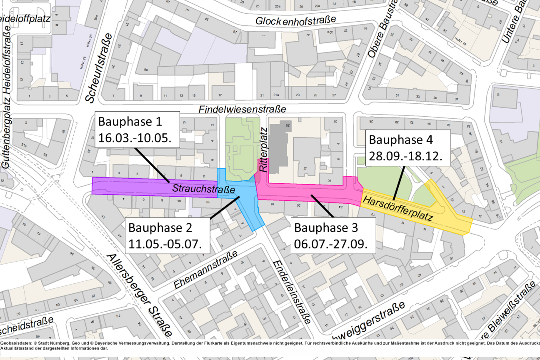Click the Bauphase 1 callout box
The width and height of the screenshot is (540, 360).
click(137, 130)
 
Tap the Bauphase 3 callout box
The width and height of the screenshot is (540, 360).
click(333, 235)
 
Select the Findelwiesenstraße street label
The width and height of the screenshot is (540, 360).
click(242, 109)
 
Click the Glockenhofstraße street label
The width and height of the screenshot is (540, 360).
click(295, 20)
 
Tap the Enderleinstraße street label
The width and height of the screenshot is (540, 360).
click(291, 292)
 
